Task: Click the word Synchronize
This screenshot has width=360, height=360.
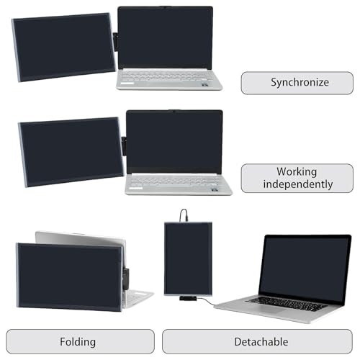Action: pos(300,83)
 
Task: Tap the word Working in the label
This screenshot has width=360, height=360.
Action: pos(297,172)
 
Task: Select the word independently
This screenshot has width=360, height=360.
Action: pos(298,184)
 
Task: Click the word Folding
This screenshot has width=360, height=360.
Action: pos(78,342)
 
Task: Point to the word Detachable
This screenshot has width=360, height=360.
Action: pos(261,342)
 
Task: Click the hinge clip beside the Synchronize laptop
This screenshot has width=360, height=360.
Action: pos(115,42)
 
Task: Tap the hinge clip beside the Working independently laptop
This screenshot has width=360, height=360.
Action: pos(124,146)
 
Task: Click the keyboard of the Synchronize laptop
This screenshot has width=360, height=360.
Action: pos(165,76)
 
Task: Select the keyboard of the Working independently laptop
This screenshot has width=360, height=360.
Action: pos(174,181)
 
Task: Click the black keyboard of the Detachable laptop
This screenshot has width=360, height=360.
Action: pos(286,304)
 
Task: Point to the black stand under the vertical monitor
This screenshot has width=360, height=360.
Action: pos(188,299)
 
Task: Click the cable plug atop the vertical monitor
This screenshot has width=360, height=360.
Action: pos(185,219)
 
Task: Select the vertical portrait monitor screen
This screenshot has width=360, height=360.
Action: pos(188,258)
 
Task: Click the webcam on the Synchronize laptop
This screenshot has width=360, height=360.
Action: pos(165,7)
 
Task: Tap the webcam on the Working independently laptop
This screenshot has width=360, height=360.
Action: pos(175,111)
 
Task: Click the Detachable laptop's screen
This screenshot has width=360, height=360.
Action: pos(305,271)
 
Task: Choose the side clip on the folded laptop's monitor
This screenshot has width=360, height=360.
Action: pos(126,279)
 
